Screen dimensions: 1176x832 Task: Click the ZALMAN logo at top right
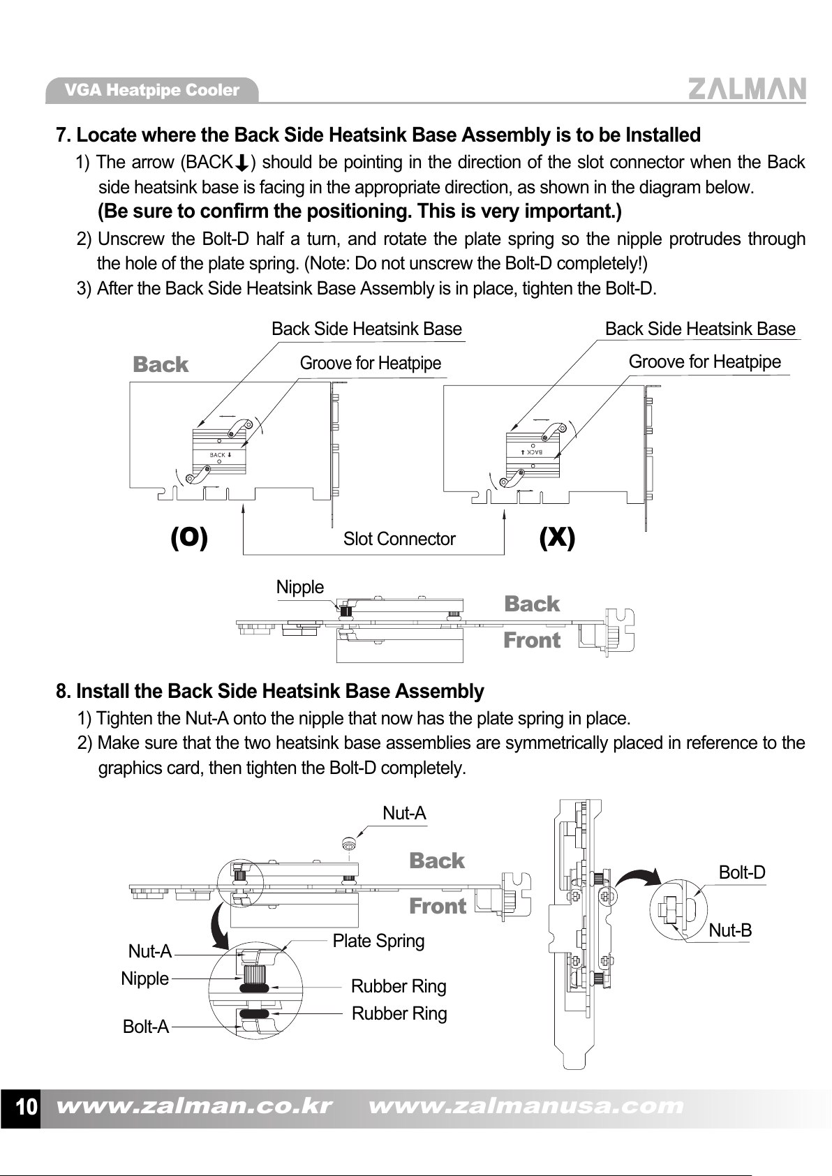[x=747, y=89]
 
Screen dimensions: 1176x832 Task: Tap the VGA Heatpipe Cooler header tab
[x=151, y=90]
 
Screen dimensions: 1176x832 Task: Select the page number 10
[x=26, y=1107]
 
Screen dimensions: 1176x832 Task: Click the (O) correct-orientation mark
[x=189, y=538]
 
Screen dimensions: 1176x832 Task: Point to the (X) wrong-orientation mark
[x=557, y=538]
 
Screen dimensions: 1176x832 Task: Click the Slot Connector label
[x=399, y=539]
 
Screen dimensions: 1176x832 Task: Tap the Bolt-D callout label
[x=741, y=872]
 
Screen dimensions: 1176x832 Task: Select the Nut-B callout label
[x=730, y=930]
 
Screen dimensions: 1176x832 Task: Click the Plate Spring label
[x=378, y=941]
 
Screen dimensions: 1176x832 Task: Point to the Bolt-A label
[x=146, y=1027]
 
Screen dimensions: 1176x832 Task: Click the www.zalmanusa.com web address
[x=526, y=1106]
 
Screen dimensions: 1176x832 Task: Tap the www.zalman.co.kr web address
[x=193, y=1106]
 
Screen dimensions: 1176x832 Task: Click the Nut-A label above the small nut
[x=404, y=813]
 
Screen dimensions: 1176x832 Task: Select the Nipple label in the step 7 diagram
[x=300, y=587]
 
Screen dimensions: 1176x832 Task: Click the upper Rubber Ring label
[x=399, y=986]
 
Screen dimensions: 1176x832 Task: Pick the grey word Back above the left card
[x=161, y=364]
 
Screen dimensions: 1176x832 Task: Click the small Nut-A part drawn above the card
[x=349, y=844]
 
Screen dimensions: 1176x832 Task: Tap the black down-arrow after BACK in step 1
[x=241, y=163]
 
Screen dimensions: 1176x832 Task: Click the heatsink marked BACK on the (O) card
[x=219, y=453]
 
